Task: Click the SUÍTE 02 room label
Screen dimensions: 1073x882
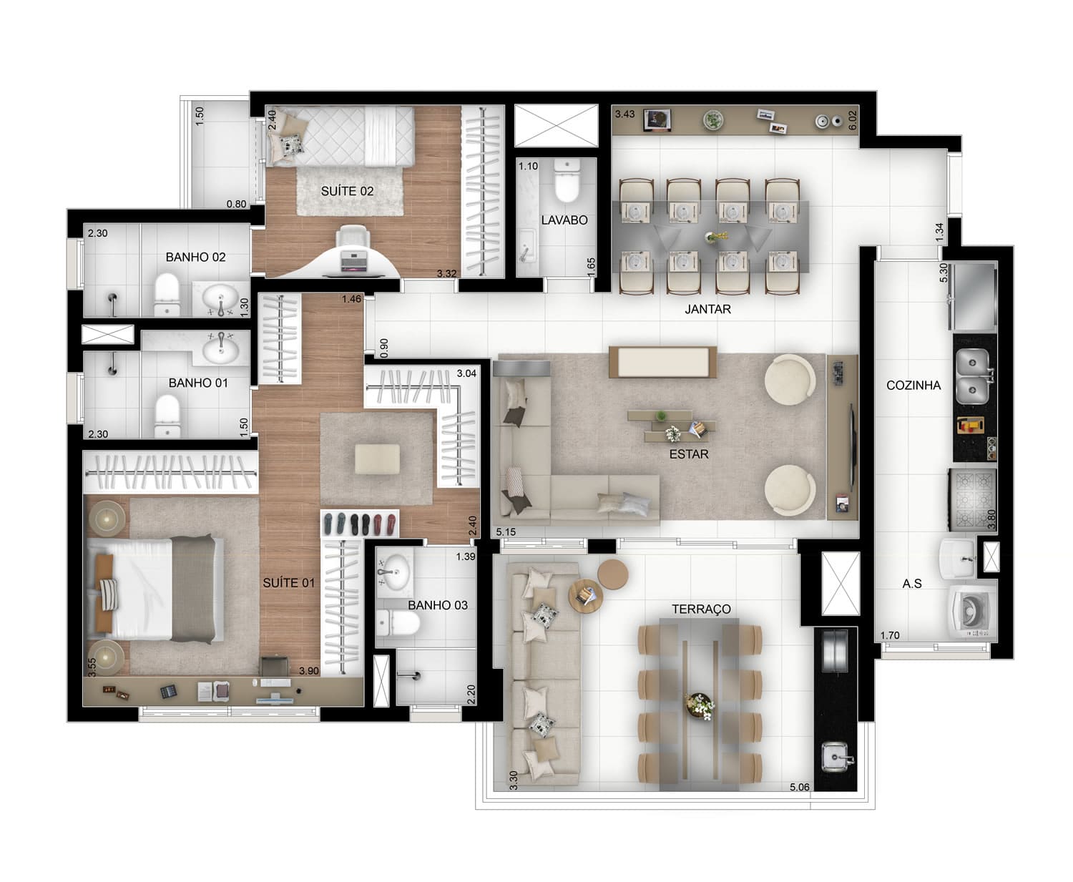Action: pyautogui.click(x=347, y=191)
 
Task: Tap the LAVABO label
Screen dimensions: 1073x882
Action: pyautogui.click(x=564, y=220)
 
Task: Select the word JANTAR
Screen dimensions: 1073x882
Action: pyautogui.click(x=707, y=309)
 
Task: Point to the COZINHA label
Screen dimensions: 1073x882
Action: pyautogui.click(x=913, y=386)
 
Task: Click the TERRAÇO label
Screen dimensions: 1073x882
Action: pyautogui.click(x=701, y=609)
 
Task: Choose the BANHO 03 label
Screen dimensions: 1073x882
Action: pyautogui.click(x=438, y=605)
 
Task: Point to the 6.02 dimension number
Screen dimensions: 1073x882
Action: pyautogui.click(x=853, y=121)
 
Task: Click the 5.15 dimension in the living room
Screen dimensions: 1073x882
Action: pyautogui.click(x=506, y=532)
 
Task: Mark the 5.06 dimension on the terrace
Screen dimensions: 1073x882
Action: pyautogui.click(x=799, y=787)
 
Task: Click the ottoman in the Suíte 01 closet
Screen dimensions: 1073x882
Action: pyautogui.click(x=377, y=459)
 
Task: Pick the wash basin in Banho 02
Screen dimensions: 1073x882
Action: pyautogui.click(x=221, y=298)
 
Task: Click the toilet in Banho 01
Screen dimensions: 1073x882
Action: pyautogui.click(x=167, y=416)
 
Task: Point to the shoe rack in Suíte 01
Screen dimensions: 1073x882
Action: pyautogui.click(x=359, y=524)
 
